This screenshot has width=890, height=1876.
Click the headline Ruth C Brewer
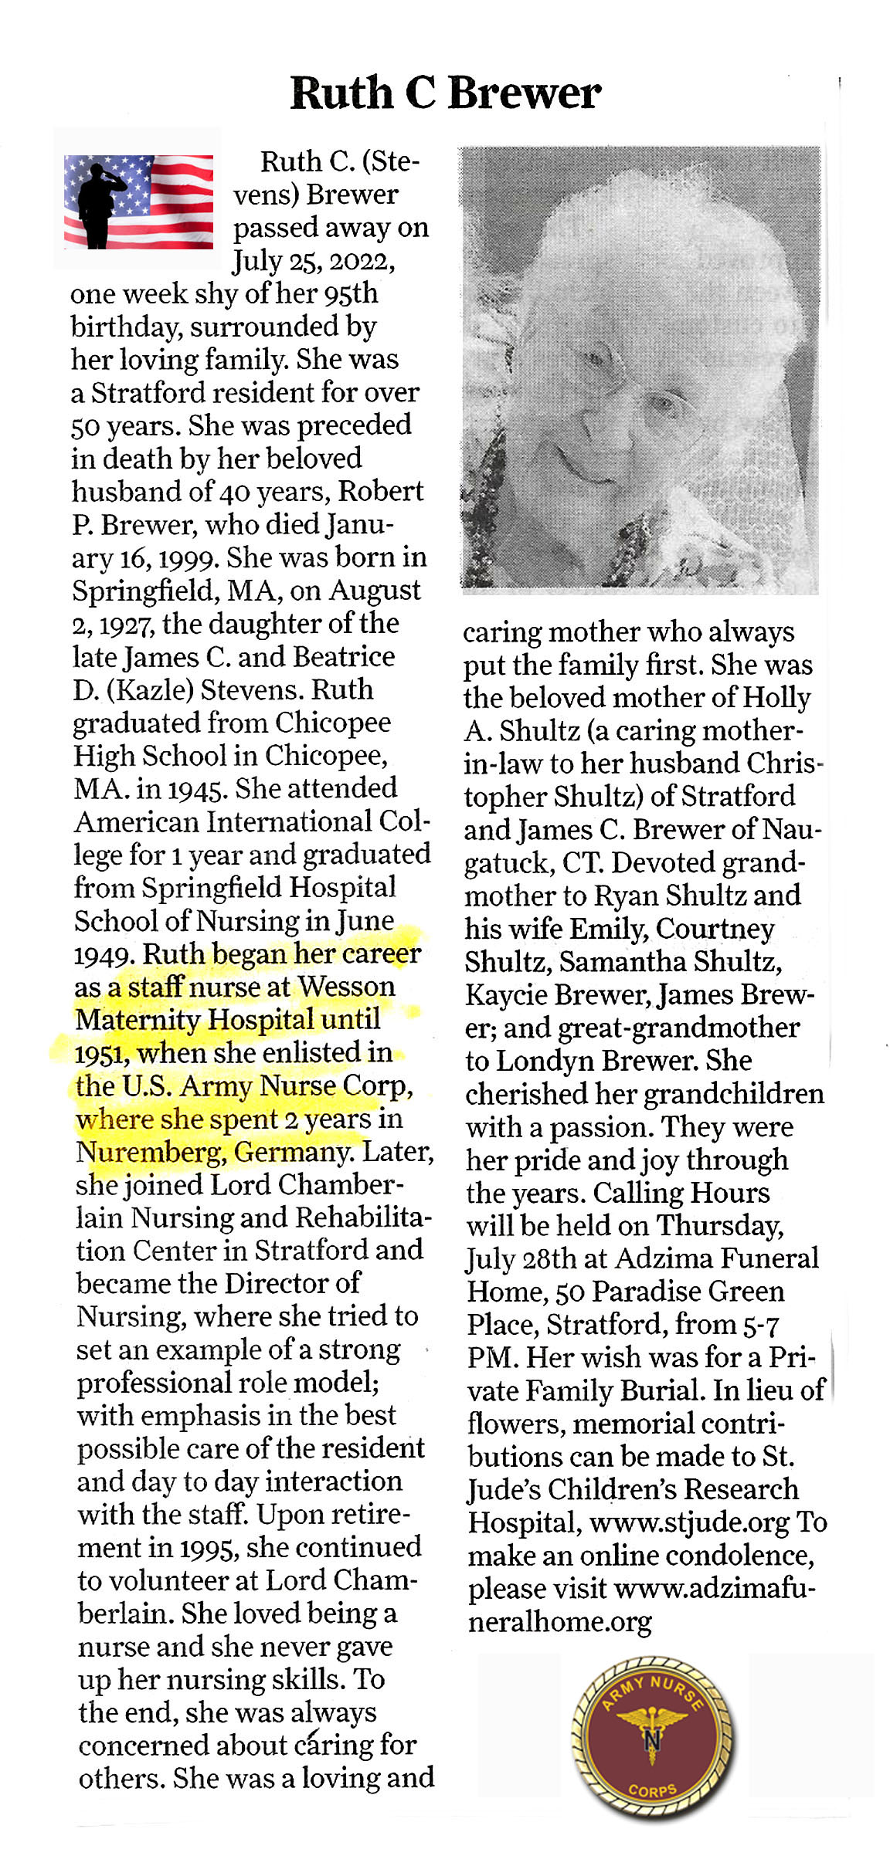pos(445,93)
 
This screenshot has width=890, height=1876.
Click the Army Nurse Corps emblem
pos(652,1738)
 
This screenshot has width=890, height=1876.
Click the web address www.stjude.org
pos(689,1522)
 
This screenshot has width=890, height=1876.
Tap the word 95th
pos(351,293)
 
